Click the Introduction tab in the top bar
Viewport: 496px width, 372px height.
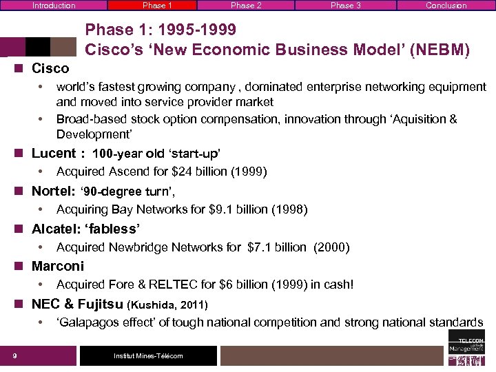54,6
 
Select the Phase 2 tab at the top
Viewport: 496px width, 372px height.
246,6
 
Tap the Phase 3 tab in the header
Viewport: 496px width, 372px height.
345,6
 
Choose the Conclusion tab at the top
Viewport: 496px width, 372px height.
446,6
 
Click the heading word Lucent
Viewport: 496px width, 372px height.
54,153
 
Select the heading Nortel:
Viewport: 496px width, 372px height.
54,191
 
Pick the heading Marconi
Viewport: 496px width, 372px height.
58,266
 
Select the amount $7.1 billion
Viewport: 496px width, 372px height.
276,247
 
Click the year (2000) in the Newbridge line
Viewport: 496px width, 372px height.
331,247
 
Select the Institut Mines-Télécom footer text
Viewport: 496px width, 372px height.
148,355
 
